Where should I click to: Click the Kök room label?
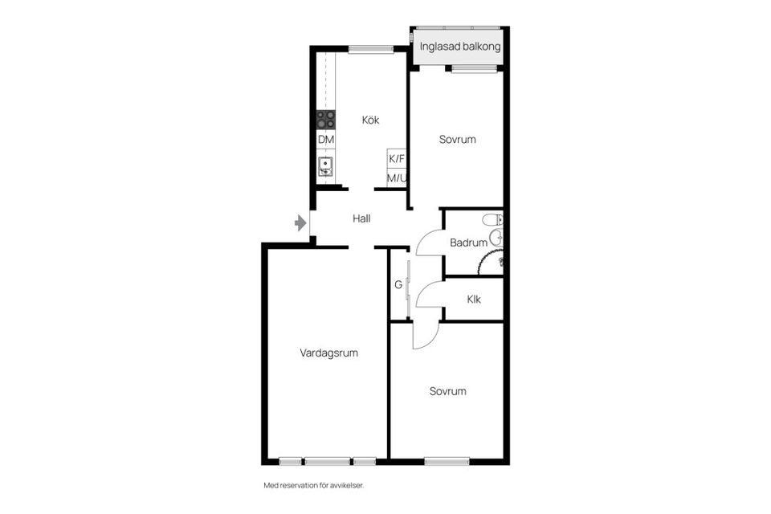(x=370, y=120)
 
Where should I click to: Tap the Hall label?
(x=361, y=218)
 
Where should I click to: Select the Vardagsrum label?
(x=328, y=353)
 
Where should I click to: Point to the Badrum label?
(x=468, y=243)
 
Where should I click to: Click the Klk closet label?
(x=473, y=300)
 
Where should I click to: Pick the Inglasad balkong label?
(x=460, y=47)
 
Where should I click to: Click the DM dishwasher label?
(x=325, y=140)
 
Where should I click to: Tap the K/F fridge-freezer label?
(x=397, y=159)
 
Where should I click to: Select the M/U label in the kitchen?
(x=397, y=178)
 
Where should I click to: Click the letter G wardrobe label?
(x=398, y=284)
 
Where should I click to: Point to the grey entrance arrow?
(x=301, y=222)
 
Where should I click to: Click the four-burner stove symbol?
(x=325, y=120)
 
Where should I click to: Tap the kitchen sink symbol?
(x=325, y=167)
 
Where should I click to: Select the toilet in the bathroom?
(x=492, y=219)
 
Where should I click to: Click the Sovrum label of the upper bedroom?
(x=457, y=140)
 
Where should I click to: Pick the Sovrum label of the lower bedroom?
(x=447, y=392)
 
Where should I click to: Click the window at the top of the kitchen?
(x=371, y=49)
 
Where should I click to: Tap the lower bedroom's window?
(x=447, y=461)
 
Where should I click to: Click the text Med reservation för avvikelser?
(x=319, y=485)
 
